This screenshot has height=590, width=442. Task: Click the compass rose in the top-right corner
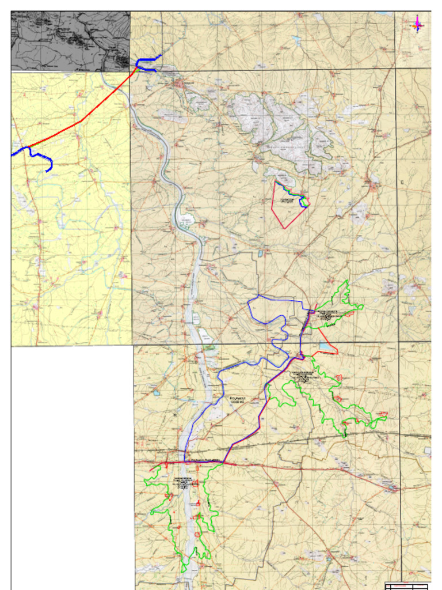tap(417, 25)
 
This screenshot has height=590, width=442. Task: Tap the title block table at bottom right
tap(406, 587)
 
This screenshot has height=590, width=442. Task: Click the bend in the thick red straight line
tap(82, 120)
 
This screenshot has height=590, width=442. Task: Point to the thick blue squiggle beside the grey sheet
tap(147, 63)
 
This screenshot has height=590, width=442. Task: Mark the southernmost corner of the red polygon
tap(284, 228)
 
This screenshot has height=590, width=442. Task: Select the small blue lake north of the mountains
tap(296, 41)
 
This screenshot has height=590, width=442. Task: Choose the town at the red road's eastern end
tap(393, 489)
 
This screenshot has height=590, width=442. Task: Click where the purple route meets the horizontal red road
tap(223, 462)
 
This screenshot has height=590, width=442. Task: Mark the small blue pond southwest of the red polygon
tap(261, 253)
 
